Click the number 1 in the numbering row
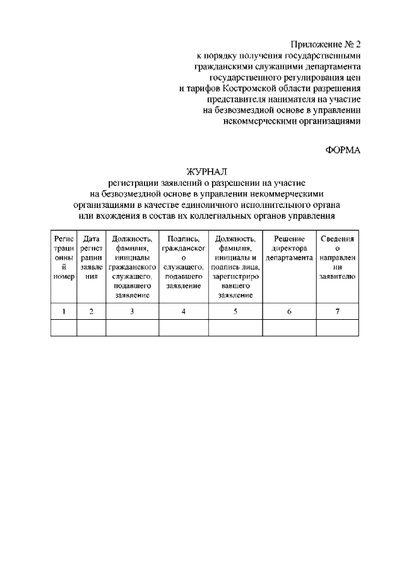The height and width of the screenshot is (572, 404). point(64,311)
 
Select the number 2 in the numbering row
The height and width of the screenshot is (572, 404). point(92,311)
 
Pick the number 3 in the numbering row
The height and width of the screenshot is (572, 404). point(132,311)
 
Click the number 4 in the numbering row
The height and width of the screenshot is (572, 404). point(183,311)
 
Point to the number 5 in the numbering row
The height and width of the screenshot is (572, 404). point(235,311)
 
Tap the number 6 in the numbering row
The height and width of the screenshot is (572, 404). point(289,311)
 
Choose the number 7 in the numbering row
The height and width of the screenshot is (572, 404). point(338,311)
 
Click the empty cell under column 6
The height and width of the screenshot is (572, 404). point(289,328)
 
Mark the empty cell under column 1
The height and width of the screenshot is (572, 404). point(64,328)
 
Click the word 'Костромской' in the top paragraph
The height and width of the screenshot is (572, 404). point(257,88)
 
